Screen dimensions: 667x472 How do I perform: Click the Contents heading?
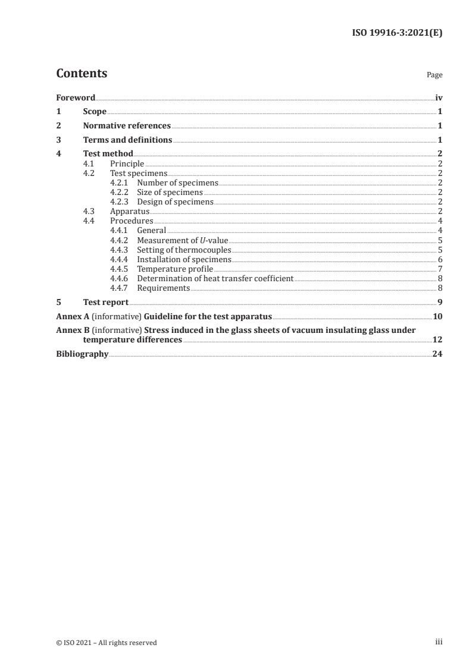(x=82, y=74)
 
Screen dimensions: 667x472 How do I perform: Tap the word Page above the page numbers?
(x=435, y=75)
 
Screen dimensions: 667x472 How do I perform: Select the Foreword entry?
(x=76, y=97)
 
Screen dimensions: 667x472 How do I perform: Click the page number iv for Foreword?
(x=438, y=97)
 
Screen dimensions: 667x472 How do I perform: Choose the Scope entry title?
(x=95, y=111)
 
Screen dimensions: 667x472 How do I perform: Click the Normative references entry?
(x=127, y=125)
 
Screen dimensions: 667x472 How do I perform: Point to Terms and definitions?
(x=127, y=140)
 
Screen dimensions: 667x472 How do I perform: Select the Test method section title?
(x=108, y=154)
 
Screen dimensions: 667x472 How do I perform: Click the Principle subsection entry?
(x=127, y=163)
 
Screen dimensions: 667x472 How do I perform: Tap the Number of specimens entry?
(x=177, y=183)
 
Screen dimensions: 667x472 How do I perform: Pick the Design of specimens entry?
(x=175, y=202)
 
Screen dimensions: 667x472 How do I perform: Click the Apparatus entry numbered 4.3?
(x=129, y=211)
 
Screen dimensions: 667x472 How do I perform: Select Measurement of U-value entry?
(x=182, y=240)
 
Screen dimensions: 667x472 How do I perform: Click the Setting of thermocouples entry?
(x=184, y=250)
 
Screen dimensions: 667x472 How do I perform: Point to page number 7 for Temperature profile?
(x=440, y=269)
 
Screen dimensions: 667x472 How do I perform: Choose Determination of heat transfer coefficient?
(x=215, y=278)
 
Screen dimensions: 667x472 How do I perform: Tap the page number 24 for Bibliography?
(x=437, y=354)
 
